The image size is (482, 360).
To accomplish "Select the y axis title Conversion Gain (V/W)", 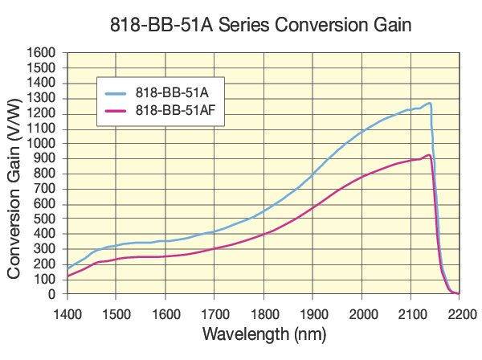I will pos(15,174).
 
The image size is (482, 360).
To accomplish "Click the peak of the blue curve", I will pos(429,103).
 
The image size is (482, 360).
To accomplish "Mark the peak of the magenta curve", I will pos(429,155).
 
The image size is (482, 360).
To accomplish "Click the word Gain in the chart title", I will pos(382,24).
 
